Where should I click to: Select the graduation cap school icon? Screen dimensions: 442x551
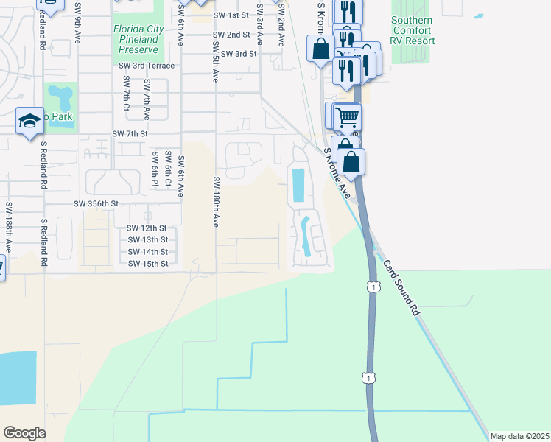[29, 122]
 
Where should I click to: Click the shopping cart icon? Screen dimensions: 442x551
[346, 116]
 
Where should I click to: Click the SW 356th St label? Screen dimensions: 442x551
[96, 203]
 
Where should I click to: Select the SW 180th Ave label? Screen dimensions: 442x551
[216, 201]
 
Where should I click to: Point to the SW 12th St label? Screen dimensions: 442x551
[147, 228]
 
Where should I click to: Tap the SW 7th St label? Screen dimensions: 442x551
[130, 134]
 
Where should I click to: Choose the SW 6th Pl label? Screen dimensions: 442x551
[155, 169]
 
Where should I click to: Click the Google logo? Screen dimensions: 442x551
[24, 432]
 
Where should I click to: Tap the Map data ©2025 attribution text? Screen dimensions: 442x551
[519, 436]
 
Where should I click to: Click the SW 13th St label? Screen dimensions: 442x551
[147, 239]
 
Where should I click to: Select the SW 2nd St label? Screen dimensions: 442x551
[231, 35]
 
